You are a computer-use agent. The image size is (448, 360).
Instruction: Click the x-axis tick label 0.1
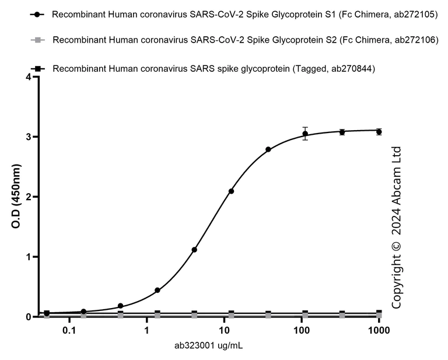[69, 329]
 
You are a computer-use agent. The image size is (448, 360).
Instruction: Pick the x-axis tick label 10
[224, 329]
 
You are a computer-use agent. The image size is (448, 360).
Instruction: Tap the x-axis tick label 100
[302, 329]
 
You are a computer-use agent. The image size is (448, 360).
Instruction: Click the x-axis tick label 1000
[379, 329]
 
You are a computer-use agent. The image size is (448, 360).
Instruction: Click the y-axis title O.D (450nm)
[12, 198]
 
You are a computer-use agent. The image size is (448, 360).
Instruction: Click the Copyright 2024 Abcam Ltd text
[397, 227]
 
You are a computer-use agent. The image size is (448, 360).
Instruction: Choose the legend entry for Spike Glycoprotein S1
[244, 14]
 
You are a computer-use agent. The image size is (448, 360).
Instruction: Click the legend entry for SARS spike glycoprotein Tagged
[213, 69]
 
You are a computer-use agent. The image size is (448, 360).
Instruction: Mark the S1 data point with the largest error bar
[304, 134]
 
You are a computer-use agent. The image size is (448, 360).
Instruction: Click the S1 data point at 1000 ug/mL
[379, 132]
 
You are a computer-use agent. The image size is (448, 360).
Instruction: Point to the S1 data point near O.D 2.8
[268, 149]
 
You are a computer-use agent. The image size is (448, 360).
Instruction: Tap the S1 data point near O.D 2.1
[231, 191]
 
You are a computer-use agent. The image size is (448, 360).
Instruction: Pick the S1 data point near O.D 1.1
[194, 250]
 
